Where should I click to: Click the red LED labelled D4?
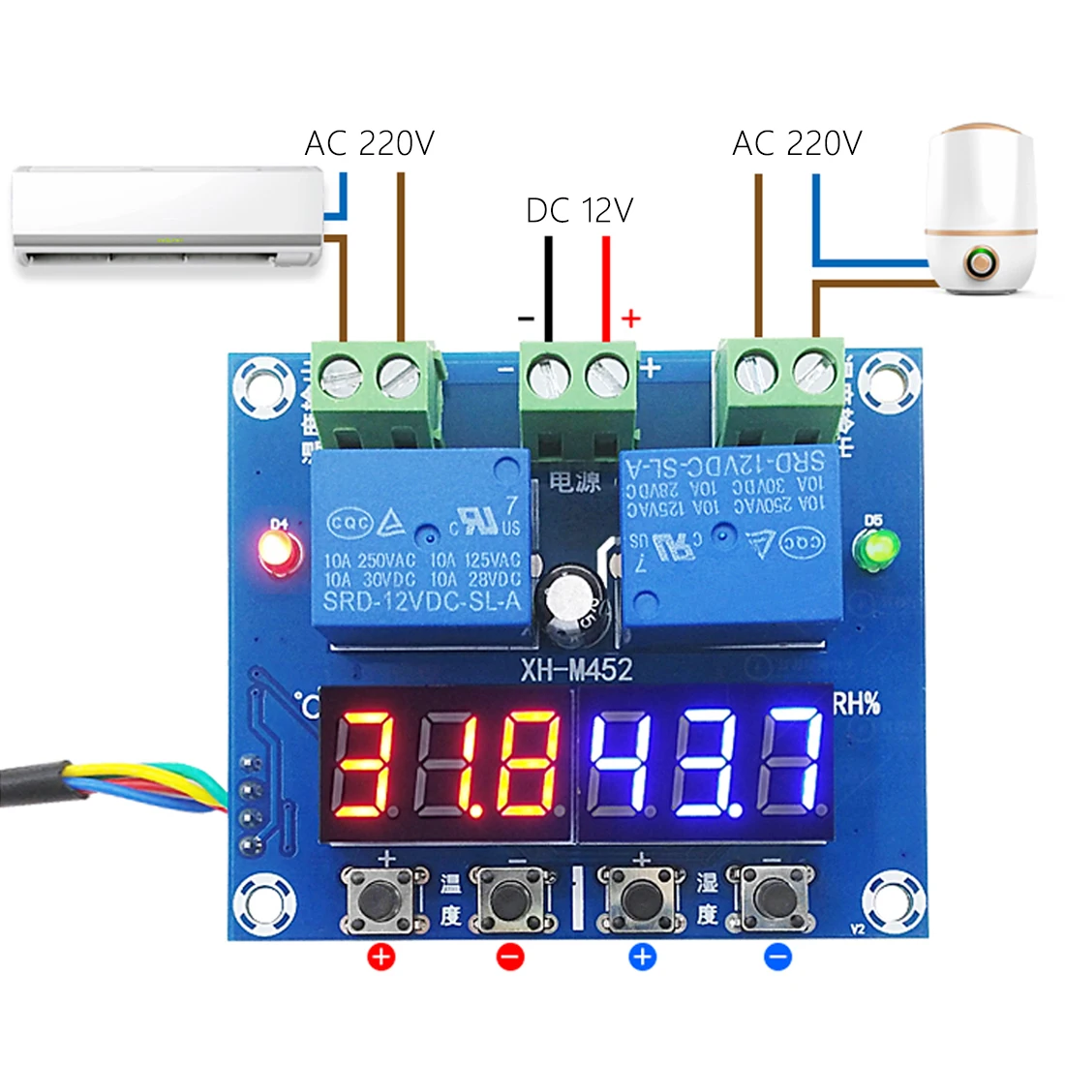[x=276, y=551]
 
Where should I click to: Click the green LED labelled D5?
[x=875, y=549]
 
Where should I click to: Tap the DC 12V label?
[x=579, y=210]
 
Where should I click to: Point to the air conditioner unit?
[x=167, y=218]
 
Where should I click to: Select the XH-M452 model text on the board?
[x=577, y=669]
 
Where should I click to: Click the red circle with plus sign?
[x=382, y=958]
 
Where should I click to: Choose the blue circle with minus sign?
[x=777, y=958]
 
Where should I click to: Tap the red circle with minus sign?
[x=510, y=958]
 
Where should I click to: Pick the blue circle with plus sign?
[x=642, y=958]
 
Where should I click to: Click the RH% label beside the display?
[x=857, y=703]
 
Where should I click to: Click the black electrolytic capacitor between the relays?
[x=569, y=607]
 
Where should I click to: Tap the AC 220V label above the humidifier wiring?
[x=797, y=144]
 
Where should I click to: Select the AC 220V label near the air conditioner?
[x=370, y=144]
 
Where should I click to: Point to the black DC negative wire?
[x=548, y=286]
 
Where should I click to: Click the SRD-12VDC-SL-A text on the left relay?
[x=421, y=601]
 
